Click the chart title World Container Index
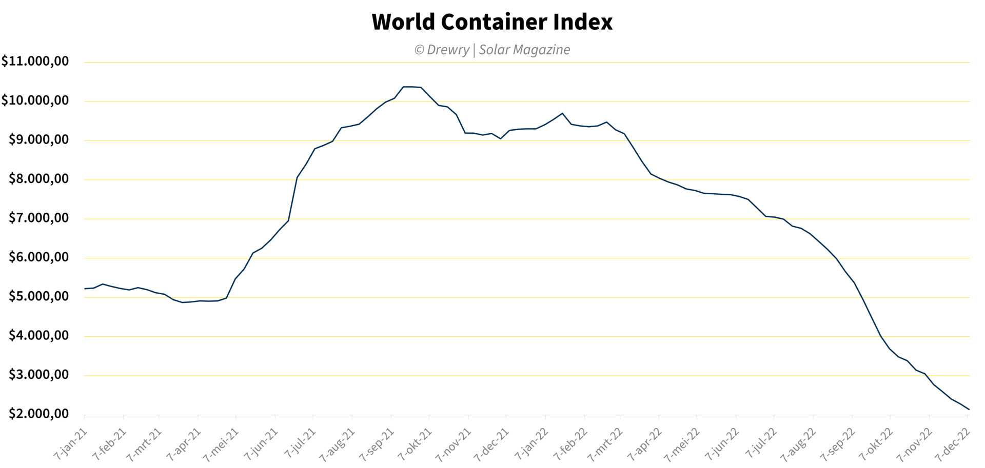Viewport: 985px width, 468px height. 492,22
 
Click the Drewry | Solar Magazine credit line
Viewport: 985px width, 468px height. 492,50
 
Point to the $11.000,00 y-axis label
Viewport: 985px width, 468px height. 35,62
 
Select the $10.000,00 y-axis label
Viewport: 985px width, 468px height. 35,100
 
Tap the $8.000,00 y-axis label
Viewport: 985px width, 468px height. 38,179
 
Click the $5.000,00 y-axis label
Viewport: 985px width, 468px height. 38,296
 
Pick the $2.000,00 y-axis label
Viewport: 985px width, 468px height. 38,414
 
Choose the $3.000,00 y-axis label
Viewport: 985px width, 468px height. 38,375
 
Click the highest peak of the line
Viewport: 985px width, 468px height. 408,87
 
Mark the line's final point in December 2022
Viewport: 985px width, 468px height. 969,410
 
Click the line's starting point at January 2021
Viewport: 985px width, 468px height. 85,289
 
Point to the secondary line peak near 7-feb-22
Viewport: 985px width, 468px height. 562,113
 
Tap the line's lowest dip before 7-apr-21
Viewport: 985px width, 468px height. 182,302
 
